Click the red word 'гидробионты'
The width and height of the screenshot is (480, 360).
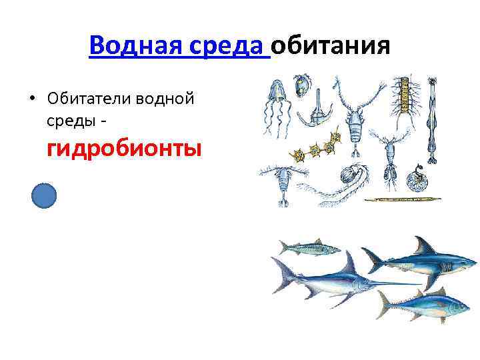(124, 147)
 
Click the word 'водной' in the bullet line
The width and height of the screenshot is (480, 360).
(165, 98)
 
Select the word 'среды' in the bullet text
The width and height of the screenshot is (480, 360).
(68, 120)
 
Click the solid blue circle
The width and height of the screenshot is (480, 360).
(44, 197)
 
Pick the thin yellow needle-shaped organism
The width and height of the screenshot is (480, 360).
(403, 198)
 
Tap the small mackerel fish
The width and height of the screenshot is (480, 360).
(309, 248)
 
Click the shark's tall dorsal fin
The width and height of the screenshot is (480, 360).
(421, 246)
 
